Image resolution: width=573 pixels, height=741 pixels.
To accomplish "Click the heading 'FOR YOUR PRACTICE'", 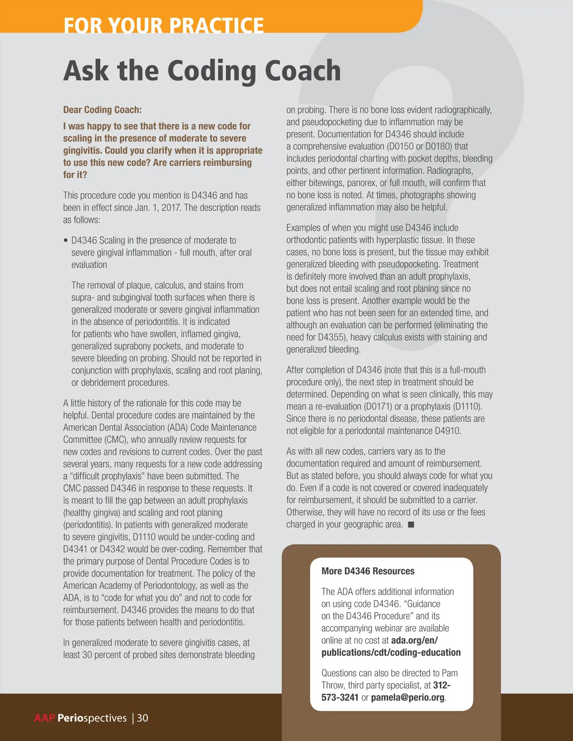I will [x=163, y=25].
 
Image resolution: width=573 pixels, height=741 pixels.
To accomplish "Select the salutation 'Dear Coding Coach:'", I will [x=102, y=110].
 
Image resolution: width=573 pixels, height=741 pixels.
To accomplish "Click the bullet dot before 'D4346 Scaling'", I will [x=66, y=240].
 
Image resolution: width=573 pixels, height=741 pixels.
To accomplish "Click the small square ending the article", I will [x=411, y=525].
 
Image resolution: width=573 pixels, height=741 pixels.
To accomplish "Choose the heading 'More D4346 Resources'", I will [x=368, y=571].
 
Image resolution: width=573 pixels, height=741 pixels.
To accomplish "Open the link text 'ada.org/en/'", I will [x=414, y=640].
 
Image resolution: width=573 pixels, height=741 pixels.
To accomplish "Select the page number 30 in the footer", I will [x=143, y=718].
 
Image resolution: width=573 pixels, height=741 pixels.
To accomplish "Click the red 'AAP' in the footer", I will [x=44, y=718].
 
